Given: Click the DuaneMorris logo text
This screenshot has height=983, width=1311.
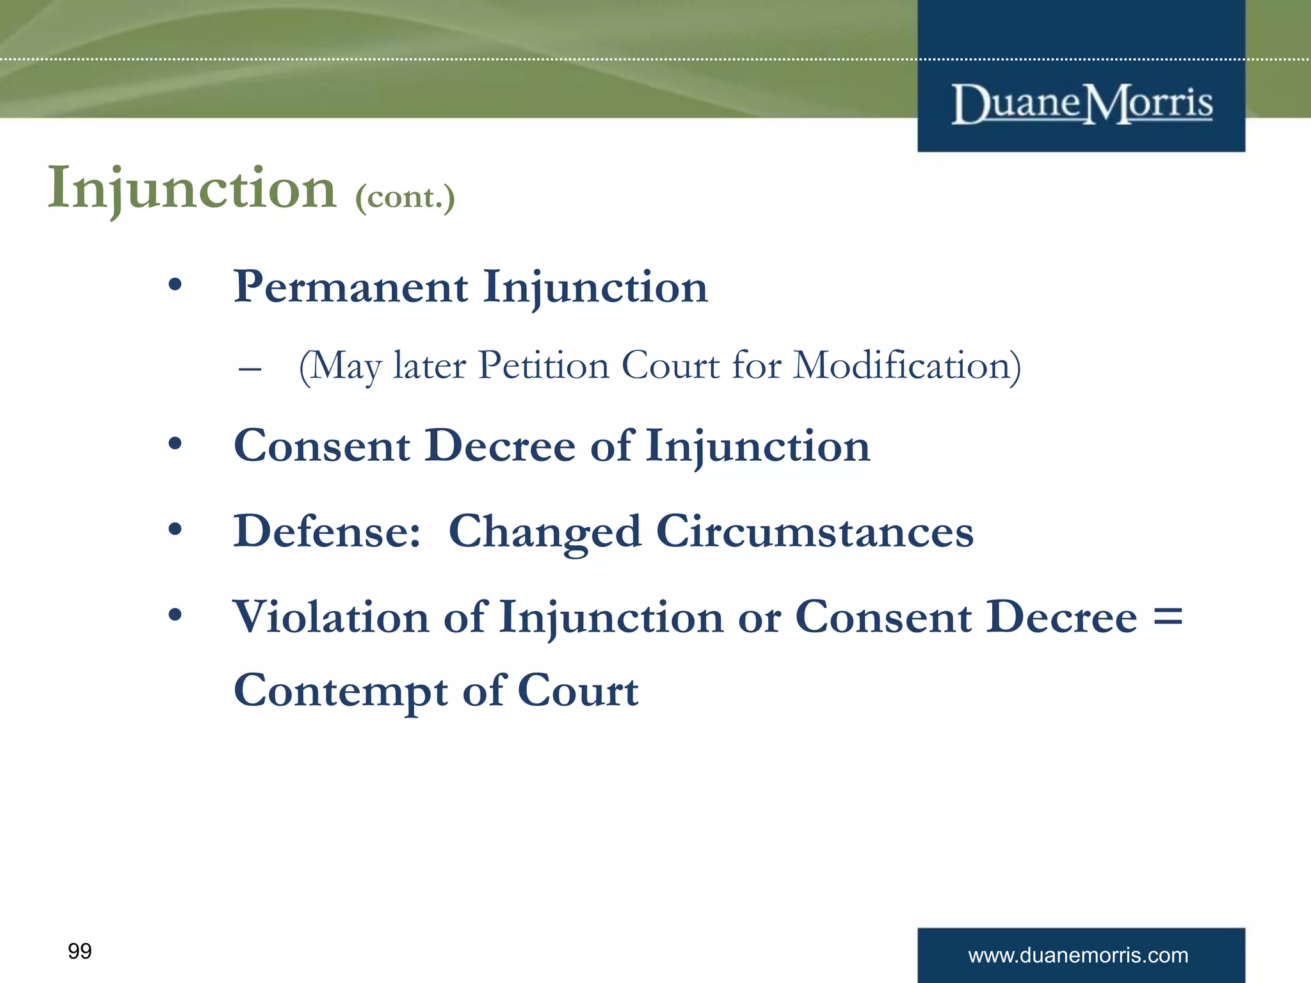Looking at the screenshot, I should pyautogui.click(x=1081, y=104).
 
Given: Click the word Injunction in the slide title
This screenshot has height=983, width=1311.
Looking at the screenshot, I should pyautogui.click(x=192, y=188).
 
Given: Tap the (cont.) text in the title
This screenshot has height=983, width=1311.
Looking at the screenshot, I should pyautogui.click(x=405, y=196).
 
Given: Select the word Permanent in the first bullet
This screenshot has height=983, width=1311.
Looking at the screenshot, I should pyautogui.click(x=351, y=287).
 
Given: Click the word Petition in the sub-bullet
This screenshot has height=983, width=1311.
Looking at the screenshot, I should pyautogui.click(x=543, y=366).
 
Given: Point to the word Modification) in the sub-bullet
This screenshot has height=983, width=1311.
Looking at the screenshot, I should pyautogui.click(x=906, y=366).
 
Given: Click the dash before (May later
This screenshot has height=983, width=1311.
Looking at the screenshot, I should pyautogui.click(x=249, y=369).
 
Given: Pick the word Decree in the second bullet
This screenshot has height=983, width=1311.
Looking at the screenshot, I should pyautogui.click(x=499, y=446).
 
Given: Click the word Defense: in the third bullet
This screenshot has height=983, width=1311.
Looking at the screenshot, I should pyautogui.click(x=327, y=531).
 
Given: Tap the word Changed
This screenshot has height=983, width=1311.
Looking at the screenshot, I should pyautogui.click(x=544, y=532).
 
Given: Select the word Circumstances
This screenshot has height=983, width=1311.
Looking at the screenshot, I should pyautogui.click(x=814, y=531).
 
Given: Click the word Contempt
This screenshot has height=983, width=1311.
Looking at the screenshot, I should pyautogui.click(x=341, y=691).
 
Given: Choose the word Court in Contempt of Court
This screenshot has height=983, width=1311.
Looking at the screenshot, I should pyautogui.click(x=577, y=691).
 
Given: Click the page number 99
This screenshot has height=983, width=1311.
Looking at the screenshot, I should pyautogui.click(x=79, y=952).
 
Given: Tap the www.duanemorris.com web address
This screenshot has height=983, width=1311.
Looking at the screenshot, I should pyautogui.click(x=1078, y=955).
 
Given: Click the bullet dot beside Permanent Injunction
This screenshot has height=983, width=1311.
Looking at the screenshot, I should pyautogui.click(x=175, y=285).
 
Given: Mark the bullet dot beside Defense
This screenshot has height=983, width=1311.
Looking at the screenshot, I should pyautogui.click(x=175, y=529).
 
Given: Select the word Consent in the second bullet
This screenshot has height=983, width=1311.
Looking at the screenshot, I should pyautogui.click(x=321, y=446).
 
